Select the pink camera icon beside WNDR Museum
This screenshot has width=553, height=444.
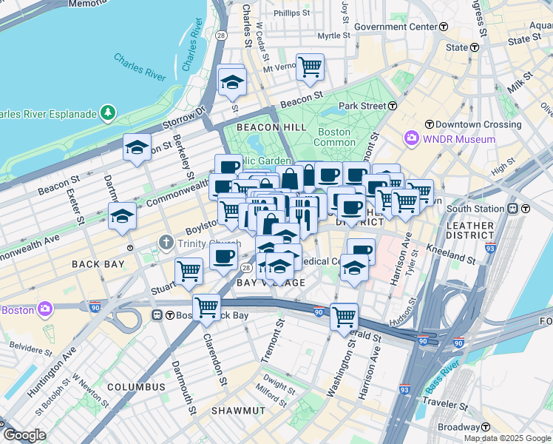[x=411, y=138]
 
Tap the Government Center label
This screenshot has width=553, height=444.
[x=396, y=27]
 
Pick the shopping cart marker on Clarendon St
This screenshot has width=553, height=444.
[x=206, y=306]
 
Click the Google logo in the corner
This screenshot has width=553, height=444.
[x=24, y=435]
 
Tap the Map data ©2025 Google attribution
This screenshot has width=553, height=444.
[x=507, y=438]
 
